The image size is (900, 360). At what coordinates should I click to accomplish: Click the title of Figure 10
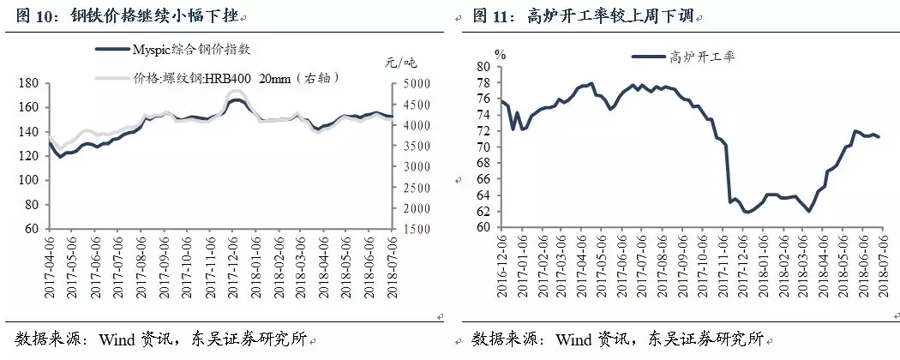pos(129,15)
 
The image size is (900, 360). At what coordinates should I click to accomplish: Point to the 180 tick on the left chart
pos(28,84)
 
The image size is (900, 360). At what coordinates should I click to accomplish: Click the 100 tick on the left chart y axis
pos(28,181)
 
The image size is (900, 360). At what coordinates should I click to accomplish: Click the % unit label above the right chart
pos(501,54)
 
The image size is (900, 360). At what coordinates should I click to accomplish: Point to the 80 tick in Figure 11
pos(483,67)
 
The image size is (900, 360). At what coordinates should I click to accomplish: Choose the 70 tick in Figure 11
pos(483,147)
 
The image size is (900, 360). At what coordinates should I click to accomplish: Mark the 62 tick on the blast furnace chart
pos(483,212)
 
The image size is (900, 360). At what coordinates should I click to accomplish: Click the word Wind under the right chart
pos(580,337)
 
